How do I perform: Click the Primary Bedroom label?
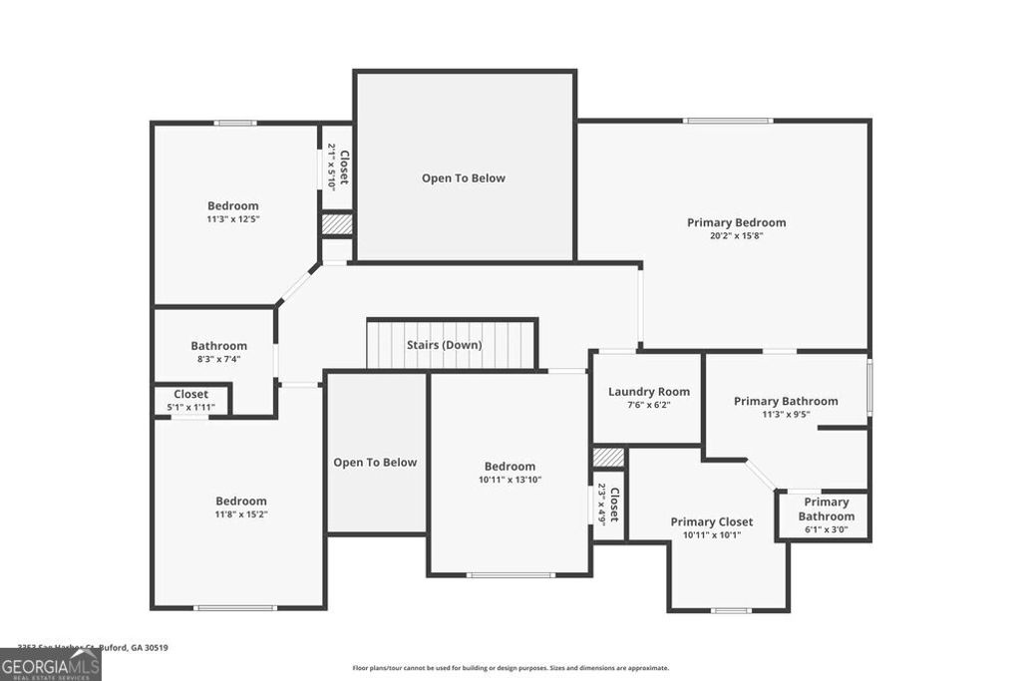pos(736,222)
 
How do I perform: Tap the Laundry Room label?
pos(649,392)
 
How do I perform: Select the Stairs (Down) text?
pos(444,345)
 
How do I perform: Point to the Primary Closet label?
pos(711,521)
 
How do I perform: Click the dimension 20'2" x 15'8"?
pos(736,236)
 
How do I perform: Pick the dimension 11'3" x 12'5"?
pos(232,219)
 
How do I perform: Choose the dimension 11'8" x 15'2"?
pos(241,514)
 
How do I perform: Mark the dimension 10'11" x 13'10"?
pos(510,480)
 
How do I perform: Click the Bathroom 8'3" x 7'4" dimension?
pos(218,359)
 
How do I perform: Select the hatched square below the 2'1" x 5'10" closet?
pos(336,224)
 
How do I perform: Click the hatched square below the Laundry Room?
pos(608,457)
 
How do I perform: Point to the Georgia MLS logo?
pos(50,664)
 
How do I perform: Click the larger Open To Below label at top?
pos(464,178)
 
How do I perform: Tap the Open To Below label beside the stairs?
pos(375,463)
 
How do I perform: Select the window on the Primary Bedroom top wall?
pos(728,121)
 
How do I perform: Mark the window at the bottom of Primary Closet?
pos(731,610)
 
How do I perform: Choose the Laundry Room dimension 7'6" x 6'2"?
pos(649,405)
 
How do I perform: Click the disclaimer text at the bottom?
pos(510,668)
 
